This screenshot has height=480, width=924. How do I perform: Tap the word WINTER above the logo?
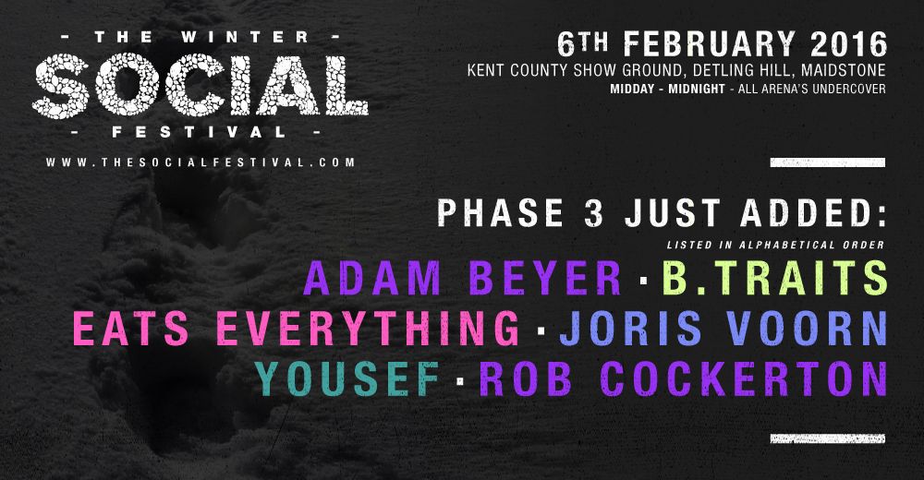click(245, 37)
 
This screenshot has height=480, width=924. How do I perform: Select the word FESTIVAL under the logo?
click(200, 133)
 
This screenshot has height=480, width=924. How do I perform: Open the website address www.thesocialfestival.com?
click(201, 162)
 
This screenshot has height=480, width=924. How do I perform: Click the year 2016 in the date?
click(848, 44)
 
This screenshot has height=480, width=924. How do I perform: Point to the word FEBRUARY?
click(710, 44)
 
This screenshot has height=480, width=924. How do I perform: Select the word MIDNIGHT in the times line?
click(697, 90)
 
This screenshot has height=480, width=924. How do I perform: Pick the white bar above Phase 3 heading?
click(827, 162)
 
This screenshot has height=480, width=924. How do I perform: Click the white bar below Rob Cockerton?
click(827, 438)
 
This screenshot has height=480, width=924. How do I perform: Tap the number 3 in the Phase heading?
click(594, 212)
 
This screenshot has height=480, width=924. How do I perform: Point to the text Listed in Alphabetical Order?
click(776, 245)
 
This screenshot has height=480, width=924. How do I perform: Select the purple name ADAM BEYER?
click(463, 278)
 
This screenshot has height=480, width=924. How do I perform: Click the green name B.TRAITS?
click(775, 278)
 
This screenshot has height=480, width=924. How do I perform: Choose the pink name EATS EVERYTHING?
click(297, 329)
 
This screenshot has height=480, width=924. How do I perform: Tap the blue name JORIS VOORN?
click(723, 329)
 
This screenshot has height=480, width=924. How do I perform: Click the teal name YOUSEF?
click(347, 378)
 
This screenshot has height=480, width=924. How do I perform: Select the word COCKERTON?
click(744, 378)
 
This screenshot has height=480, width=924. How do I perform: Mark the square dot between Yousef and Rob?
click(460, 381)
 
